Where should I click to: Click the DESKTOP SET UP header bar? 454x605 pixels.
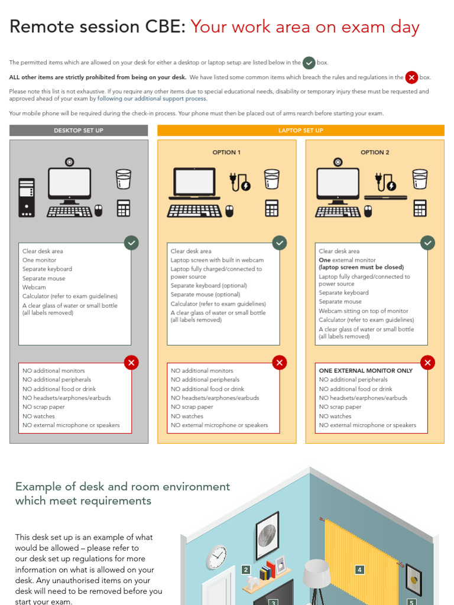(x=79, y=131)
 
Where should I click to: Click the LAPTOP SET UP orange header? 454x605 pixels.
(x=300, y=131)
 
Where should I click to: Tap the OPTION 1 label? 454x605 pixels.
(x=226, y=152)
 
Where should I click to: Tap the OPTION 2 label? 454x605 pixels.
(x=375, y=152)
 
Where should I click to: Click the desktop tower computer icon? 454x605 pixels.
(x=27, y=197)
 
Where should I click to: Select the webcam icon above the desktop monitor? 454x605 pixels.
(x=70, y=161)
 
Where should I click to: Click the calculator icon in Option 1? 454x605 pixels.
(x=271, y=209)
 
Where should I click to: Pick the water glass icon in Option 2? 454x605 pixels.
(x=420, y=179)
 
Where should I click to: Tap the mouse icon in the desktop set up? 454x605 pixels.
(x=98, y=211)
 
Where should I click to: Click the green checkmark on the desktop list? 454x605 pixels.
(x=131, y=243)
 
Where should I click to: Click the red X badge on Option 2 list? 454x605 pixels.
(x=427, y=363)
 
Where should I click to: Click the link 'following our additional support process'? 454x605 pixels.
(x=152, y=99)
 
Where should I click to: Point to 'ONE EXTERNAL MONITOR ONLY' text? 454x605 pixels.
(x=365, y=371)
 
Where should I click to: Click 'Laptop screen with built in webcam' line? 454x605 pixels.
(x=217, y=260)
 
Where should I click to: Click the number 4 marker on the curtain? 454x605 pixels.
(x=359, y=570)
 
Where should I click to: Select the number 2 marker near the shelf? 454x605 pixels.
(x=246, y=570)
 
